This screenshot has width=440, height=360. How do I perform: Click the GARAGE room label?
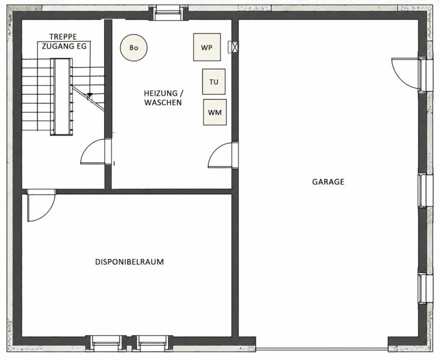pyautogui.click(x=328, y=182)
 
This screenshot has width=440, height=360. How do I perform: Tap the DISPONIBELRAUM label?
pyautogui.click(x=129, y=262)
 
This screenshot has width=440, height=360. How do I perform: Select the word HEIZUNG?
pyautogui.click(x=161, y=93)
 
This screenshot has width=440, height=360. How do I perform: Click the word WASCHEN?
pyautogui.click(x=163, y=103)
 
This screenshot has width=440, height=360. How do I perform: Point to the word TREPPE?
pyautogui.click(x=63, y=37)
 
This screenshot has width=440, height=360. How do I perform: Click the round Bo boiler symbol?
pyautogui.click(x=134, y=48)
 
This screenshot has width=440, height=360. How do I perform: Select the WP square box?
pyautogui.click(x=207, y=47)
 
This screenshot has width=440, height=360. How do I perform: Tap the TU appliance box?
pyautogui.click(x=214, y=82)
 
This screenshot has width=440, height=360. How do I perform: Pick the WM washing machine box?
pyautogui.click(x=215, y=112)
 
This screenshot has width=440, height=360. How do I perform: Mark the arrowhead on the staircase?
pyautogui.click(x=90, y=95)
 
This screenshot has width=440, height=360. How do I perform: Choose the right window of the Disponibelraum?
pyautogui.click(x=152, y=342)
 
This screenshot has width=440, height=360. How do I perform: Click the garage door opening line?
pyautogui.click(x=322, y=348)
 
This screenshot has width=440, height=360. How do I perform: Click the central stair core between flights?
pyautogui.click(x=61, y=97)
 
